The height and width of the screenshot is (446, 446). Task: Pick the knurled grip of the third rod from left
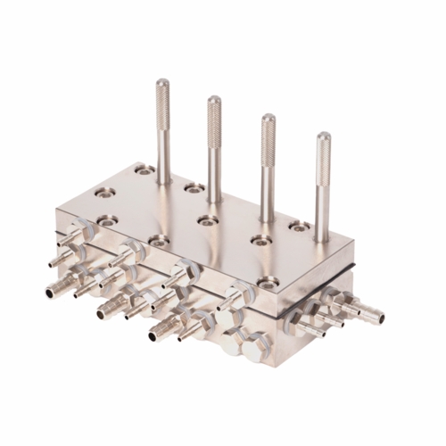268,130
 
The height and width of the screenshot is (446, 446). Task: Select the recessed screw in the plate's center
207,219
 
